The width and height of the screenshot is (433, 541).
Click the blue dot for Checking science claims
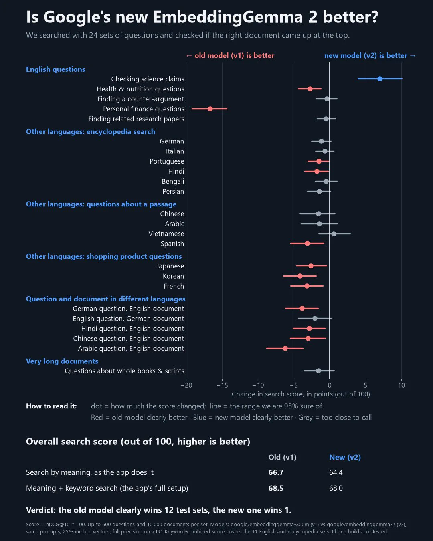coord(380,79)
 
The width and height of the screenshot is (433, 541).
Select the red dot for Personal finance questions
coord(210,109)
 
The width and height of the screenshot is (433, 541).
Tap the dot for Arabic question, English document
coord(285,348)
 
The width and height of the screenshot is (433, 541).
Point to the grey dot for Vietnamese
coord(334,234)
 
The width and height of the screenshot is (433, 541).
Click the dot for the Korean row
coord(300,276)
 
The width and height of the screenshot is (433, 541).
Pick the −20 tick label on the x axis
coord(186,385)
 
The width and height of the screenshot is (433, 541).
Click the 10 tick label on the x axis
coord(402,385)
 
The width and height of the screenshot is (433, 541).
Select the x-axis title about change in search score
coord(301,394)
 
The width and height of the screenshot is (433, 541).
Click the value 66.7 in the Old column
coord(276,472)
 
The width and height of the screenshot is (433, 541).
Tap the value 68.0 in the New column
coord(336,488)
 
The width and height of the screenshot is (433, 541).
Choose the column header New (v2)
coord(345,457)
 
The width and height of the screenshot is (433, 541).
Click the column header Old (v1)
coord(283,457)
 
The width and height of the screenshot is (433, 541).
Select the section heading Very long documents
coord(62,361)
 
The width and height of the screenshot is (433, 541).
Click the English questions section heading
coord(56,69)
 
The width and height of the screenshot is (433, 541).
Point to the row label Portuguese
coord(167,161)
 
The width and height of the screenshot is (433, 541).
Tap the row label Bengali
coord(173,181)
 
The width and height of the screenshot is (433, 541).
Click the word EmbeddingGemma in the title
coord(228,18)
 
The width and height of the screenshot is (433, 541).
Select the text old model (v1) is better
coord(235,56)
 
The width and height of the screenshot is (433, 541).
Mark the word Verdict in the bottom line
coord(41,510)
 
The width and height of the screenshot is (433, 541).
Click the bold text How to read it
coord(51,406)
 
